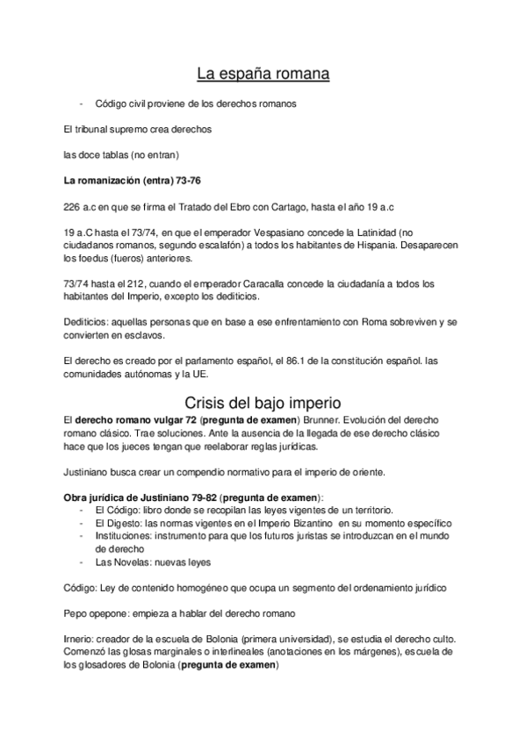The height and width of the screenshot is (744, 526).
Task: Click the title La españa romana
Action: tap(263, 75)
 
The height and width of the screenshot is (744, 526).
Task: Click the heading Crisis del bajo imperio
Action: tap(263, 403)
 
